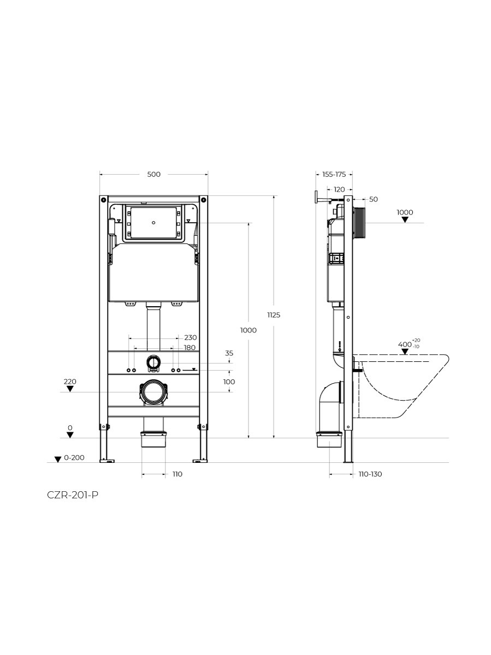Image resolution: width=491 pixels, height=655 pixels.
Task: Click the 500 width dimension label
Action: pyautogui.click(x=153, y=174)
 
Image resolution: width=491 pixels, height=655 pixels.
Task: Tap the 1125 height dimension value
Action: pyautogui.click(x=274, y=315)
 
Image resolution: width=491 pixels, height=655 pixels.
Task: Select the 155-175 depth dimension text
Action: pyautogui.click(x=334, y=174)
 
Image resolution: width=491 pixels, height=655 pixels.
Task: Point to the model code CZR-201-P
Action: pyautogui.click(x=73, y=495)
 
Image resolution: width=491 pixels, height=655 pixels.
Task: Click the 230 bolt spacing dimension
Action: pyautogui.click(x=191, y=337)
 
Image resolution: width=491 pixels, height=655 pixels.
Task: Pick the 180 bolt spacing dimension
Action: pyautogui.click(x=190, y=348)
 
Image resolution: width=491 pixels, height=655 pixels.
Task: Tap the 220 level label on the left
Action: pyautogui.click(x=70, y=382)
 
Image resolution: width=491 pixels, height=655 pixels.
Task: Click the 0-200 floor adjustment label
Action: pyautogui.click(x=74, y=458)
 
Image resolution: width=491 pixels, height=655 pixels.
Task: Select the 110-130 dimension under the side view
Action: pyautogui.click(x=370, y=474)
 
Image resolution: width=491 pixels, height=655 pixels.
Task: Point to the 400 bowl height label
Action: pyautogui.click(x=405, y=344)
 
